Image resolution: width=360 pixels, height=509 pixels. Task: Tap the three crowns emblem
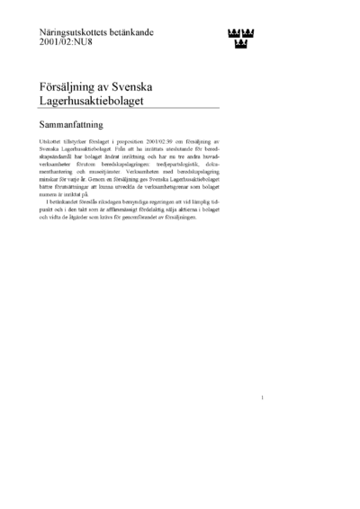tap(238, 38)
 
